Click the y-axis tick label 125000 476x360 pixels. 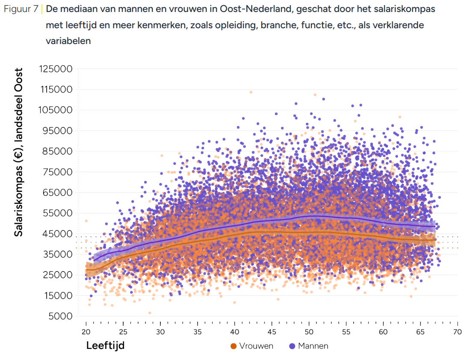click(x=55, y=69)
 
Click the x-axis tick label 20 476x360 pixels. click(x=86, y=332)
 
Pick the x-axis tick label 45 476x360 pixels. click(x=272, y=332)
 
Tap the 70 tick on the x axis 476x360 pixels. click(x=457, y=332)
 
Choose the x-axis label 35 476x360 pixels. click(x=197, y=332)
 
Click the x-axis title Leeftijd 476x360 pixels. click(x=105, y=345)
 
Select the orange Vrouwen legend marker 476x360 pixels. click(x=233, y=346)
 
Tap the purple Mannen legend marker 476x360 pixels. click(x=293, y=346)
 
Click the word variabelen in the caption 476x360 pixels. click(x=68, y=41)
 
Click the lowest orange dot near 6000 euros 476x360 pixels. click(x=150, y=313)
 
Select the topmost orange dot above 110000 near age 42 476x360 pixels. click(x=251, y=92)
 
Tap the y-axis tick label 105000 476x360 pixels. click(x=55, y=110)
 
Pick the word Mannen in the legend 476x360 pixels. click(x=313, y=346)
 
